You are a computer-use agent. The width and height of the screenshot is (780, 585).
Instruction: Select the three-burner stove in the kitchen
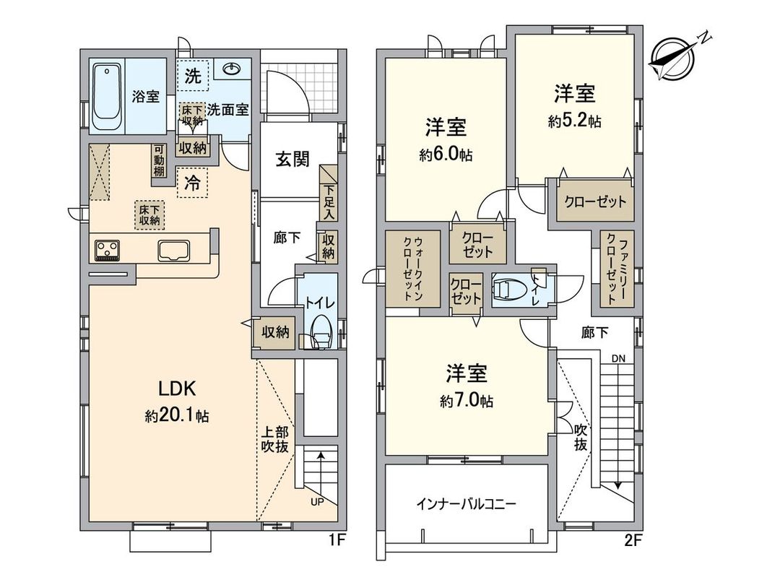click(x=108, y=250)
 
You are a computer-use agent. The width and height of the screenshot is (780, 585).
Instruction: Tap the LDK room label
click(x=178, y=389)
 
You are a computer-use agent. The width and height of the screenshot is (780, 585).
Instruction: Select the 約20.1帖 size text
click(x=177, y=417)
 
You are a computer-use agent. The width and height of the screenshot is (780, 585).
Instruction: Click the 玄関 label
click(x=292, y=160)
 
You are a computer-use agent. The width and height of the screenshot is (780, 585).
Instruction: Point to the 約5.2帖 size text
click(x=574, y=121)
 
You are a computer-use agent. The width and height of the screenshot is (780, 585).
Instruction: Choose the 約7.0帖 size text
click(x=467, y=402)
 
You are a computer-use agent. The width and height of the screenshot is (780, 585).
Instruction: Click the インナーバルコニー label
click(x=466, y=504)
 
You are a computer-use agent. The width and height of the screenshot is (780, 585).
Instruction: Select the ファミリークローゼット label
click(x=616, y=269)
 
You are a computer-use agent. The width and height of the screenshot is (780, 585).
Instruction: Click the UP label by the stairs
click(x=316, y=501)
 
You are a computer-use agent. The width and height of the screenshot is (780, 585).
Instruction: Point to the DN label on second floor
click(x=618, y=358)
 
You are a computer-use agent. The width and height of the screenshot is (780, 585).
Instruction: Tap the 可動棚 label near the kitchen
click(x=157, y=161)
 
